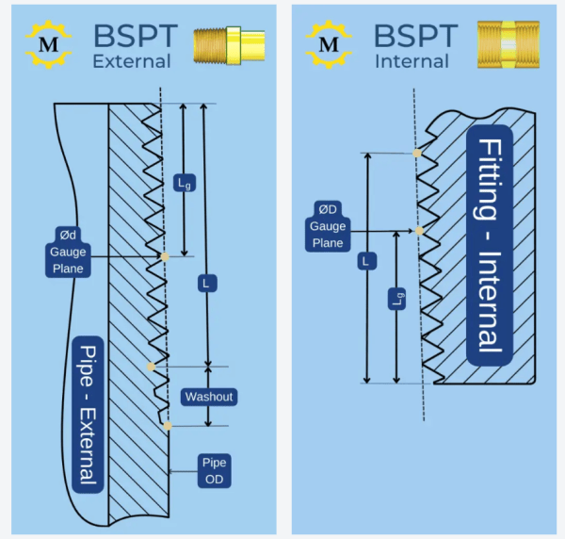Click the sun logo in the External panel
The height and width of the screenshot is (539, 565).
46,44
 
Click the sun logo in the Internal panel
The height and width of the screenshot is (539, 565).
329,44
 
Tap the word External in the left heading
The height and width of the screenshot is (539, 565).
132,62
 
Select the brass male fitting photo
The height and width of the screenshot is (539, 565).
223,44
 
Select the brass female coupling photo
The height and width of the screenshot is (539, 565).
508,44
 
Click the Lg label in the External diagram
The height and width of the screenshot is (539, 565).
185,183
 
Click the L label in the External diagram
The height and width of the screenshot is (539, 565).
205,282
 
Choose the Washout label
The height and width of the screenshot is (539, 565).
208,397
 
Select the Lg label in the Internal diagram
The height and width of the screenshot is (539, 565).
397,300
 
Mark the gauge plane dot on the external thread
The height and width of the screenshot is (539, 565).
165,256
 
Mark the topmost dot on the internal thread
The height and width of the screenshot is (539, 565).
416,153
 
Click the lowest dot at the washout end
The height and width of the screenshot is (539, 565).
168,427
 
